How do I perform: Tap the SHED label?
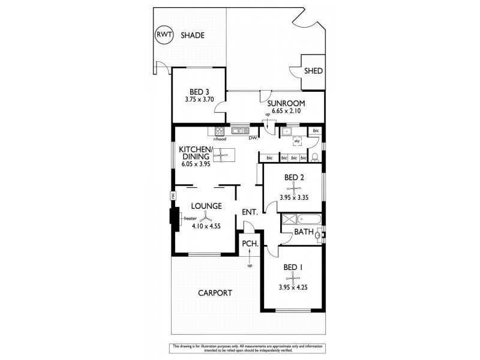(x=313, y=71)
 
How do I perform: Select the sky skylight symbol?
(x=296, y=142)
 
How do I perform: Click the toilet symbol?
(x=316, y=158)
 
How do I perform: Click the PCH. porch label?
(x=250, y=244)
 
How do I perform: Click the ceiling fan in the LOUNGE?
(x=206, y=217)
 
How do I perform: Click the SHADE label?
(x=193, y=35)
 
